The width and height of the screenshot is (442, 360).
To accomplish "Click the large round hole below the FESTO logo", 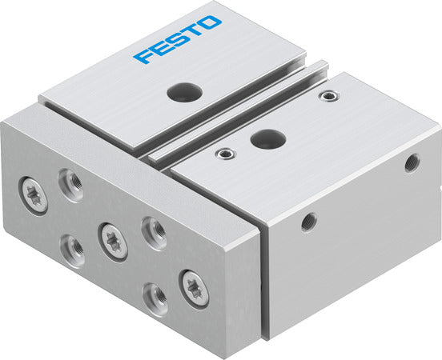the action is (x=185, y=92).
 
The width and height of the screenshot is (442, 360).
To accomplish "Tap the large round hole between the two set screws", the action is (x=268, y=139).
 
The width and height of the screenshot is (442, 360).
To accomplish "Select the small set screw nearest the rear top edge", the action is (x=328, y=96).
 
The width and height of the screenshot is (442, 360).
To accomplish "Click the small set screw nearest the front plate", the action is (x=225, y=154).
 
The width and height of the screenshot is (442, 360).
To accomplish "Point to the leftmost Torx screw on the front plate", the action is (x=34, y=196).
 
